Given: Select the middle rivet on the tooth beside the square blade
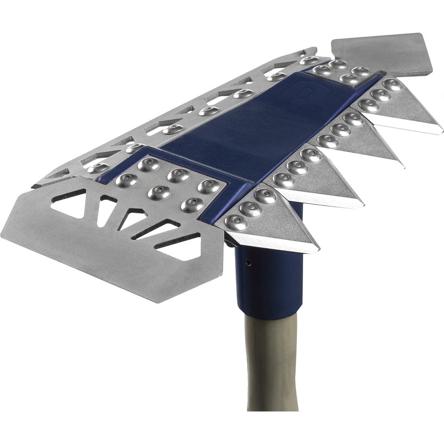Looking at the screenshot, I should [381, 95].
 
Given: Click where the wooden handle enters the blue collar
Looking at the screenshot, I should [271, 314].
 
